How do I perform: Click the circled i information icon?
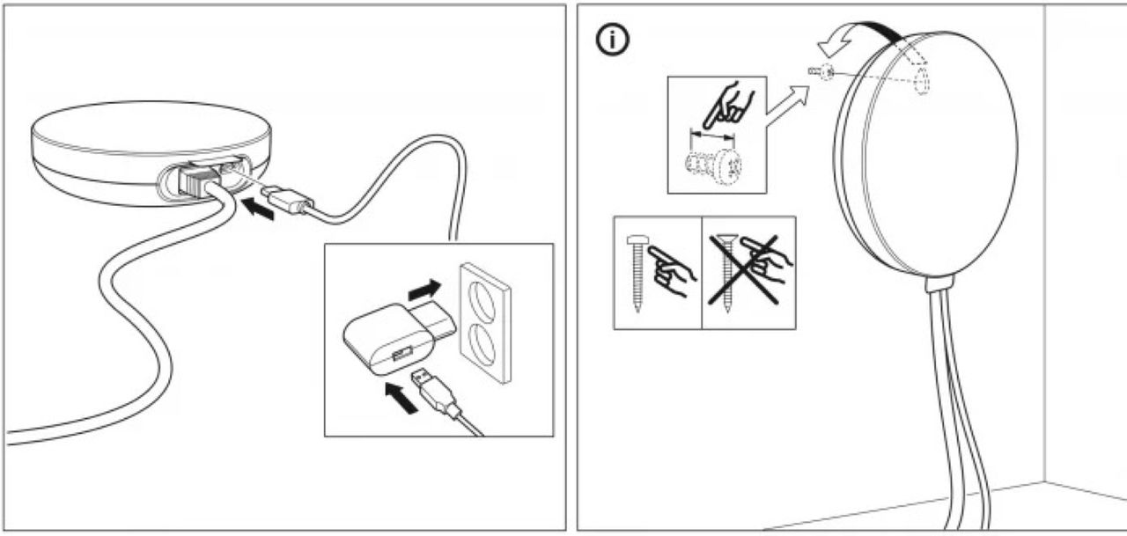tap(614, 40)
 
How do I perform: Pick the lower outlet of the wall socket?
tap(483, 342)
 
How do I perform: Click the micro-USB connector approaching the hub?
tap(286, 199)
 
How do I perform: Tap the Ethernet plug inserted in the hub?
tap(196, 180)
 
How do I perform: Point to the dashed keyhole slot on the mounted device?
tap(922, 82)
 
